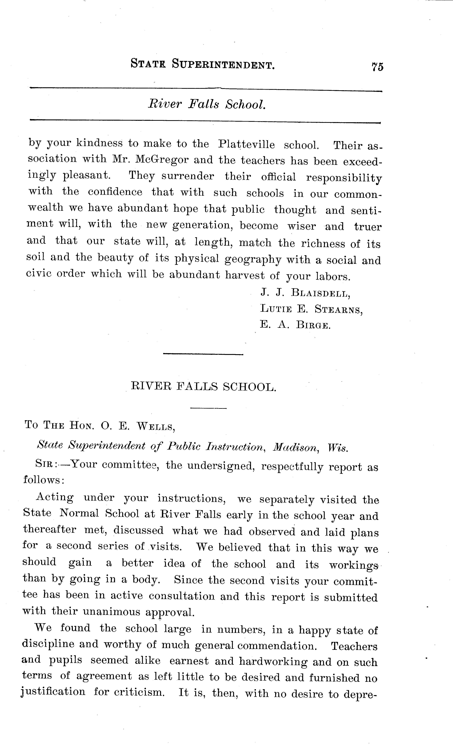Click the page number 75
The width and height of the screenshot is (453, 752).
[377, 67]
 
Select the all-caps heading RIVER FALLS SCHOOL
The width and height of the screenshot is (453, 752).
[204, 387]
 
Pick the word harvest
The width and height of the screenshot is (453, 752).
[245, 275]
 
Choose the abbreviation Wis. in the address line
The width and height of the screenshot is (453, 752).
[338, 448]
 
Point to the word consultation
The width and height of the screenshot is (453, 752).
[182, 596]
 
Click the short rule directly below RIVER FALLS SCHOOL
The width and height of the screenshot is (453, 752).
[208, 408]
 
